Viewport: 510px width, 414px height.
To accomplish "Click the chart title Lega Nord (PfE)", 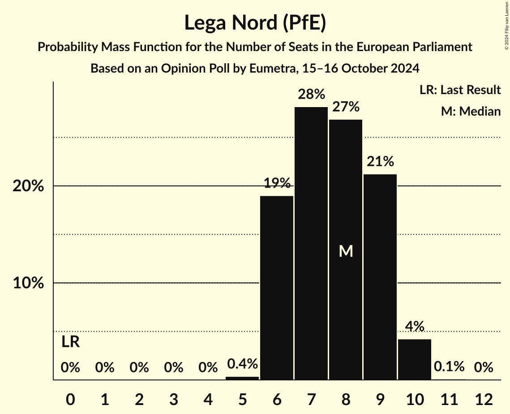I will tap(255, 23).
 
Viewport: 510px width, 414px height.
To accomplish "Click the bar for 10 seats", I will tap(415, 359).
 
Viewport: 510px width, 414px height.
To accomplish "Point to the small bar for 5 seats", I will tap(242, 378).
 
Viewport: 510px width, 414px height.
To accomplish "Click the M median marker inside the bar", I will tap(346, 251).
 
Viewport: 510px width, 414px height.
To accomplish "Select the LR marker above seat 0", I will tap(70, 342).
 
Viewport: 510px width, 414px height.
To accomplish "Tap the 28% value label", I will tap(311, 95).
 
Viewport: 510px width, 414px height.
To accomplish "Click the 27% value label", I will tap(346, 107).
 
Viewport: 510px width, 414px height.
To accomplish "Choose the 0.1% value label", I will tap(449, 367).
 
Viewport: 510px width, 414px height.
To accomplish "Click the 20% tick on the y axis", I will tap(28, 186).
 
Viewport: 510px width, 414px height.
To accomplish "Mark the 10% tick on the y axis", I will tap(28, 283).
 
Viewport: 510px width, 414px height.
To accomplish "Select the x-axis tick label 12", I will tap(484, 399).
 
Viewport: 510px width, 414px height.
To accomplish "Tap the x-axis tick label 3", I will tap(174, 399).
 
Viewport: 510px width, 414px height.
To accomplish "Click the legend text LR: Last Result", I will tap(460, 90).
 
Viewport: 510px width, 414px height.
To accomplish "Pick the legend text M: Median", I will tap(471, 111).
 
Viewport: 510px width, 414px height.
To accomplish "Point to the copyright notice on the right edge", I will tap(506, 25).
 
